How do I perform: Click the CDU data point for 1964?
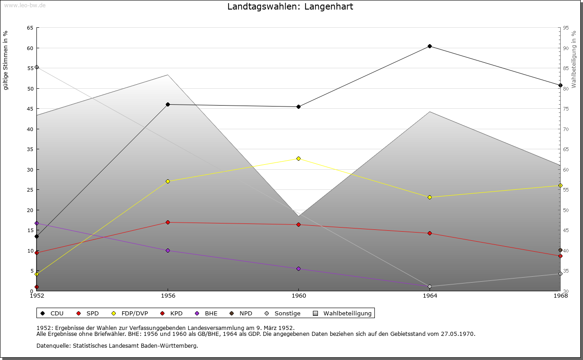(430, 46)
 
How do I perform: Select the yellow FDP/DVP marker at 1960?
(298, 158)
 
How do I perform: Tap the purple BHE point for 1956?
(168, 250)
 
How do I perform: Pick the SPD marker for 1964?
(430, 233)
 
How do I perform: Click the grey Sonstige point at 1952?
(37, 67)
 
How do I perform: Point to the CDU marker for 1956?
(168, 105)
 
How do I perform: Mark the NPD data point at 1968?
(560, 250)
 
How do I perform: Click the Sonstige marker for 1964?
(430, 287)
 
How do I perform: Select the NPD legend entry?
(241, 314)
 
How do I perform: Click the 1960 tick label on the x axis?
(298, 296)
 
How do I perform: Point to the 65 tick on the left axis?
(30, 28)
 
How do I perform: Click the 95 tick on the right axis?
(566, 28)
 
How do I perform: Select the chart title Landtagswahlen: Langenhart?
(290, 7)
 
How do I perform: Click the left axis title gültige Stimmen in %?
(6, 60)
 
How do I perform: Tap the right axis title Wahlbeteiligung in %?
(574, 60)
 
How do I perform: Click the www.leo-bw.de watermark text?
(25, 5)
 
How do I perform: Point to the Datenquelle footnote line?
(117, 346)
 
